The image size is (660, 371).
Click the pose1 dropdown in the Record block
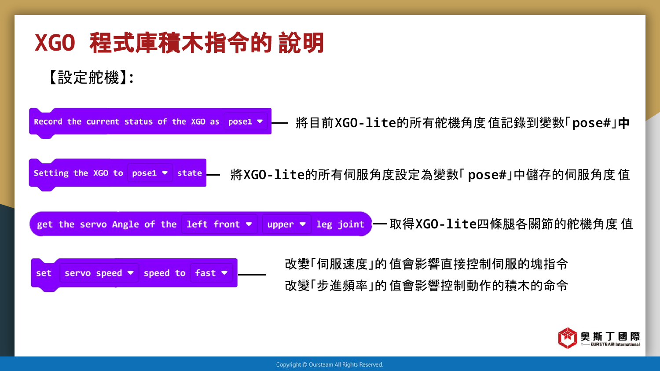pyautogui.click(x=246, y=121)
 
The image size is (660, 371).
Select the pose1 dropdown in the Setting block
pyautogui.click(x=150, y=173)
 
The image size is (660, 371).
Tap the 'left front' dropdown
pyautogui.click(x=219, y=224)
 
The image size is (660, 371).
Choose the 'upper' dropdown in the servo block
pyautogui.click(x=286, y=224)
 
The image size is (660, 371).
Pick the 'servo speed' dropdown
pyautogui.click(x=99, y=273)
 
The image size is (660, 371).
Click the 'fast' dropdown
pyautogui.click(x=211, y=273)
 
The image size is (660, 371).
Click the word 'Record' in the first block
pyautogui.click(x=48, y=122)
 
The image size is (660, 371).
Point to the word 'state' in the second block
pyautogui.click(x=190, y=173)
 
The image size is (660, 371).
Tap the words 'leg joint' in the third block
pyautogui.click(x=340, y=224)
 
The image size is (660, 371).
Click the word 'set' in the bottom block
pyautogui.click(x=44, y=273)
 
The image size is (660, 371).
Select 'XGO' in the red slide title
pyautogui.click(x=55, y=43)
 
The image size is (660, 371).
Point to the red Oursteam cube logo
pyautogui.click(x=567, y=338)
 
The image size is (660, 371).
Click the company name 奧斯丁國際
pyautogui.click(x=610, y=336)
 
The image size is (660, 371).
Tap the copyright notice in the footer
pyautogui.click(x=330, y=364)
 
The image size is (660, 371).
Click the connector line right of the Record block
pyautogui.click(x=279, y=123)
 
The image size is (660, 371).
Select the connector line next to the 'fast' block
pyautogui.click(x=252, y=275)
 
